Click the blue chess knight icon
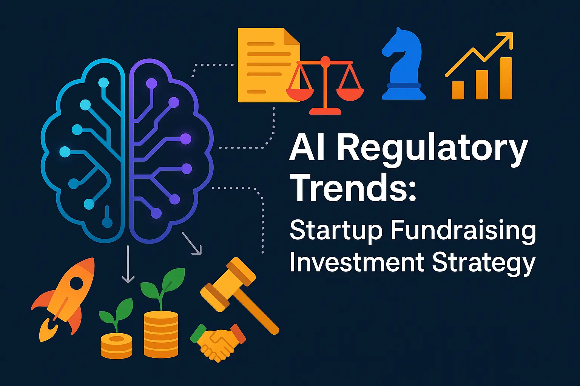pyautogui.click(x=403, y=64)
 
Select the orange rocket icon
pyautogui.click(x=63, y=299)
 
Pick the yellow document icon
pyautogui.click(x=269, y=65)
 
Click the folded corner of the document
pyautogui.click(x=292, y=36)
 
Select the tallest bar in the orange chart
pyautogui.click(x=506, y=78)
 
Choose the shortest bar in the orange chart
pyautogui.click(x=458, y=90)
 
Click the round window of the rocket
pyautogui.click(x=77, y=284)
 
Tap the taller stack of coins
pyautogui.click(x=161, y=334)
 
